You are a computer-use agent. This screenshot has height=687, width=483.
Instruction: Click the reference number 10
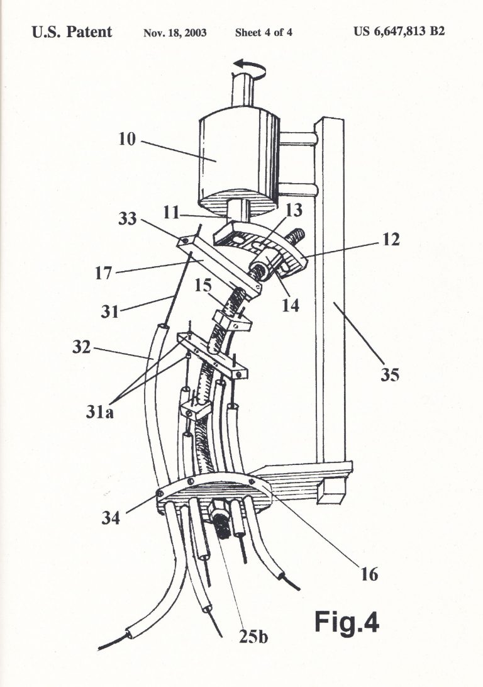pyautogui.click(x=127, y=139)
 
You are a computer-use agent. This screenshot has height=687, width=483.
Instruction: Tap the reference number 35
pyautogui.click(x=389, y=375)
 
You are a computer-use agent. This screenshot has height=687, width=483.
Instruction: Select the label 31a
pyautogui.click(x=99, y=412)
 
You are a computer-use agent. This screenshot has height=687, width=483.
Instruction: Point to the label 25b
pyautogui.click(x=253, y=636)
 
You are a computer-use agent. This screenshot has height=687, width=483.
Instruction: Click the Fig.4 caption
pyautogui.click(x=347, y=622)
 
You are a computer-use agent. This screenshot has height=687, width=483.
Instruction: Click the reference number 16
pyautogui.click(x=369, y=574)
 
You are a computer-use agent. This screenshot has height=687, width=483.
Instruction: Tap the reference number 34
pyautogui.click(x=110, y=518)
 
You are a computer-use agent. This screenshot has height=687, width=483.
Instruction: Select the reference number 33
pyautogui.click(x=128, y=218)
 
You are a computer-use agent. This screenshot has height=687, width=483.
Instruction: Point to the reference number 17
pyautogui.click(x=104, y=274)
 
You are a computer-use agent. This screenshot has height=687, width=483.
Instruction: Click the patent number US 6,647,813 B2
pyautogui.click(x=399, y=31)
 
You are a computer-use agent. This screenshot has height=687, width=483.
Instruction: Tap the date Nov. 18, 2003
pyautogui.click(x=175, y=33)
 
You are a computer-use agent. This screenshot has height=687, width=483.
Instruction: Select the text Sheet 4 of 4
pyautogui.click(x=264, y=33)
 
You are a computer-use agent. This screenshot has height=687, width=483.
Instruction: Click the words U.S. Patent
pyautogui.click(x=72, y=31)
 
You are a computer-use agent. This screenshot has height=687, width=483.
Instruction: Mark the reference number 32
pyautogui.click(x=82, y=347)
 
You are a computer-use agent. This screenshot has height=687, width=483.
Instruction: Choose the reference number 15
pyautogui.click(x=203, y=286)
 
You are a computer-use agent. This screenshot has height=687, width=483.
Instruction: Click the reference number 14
pyautogui.click(x=290, y=304)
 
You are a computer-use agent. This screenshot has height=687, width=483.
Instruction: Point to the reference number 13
pyautogui.click(x=294, y=210)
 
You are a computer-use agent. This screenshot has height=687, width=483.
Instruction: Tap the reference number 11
pyautogui.click(x=172, y=213)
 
